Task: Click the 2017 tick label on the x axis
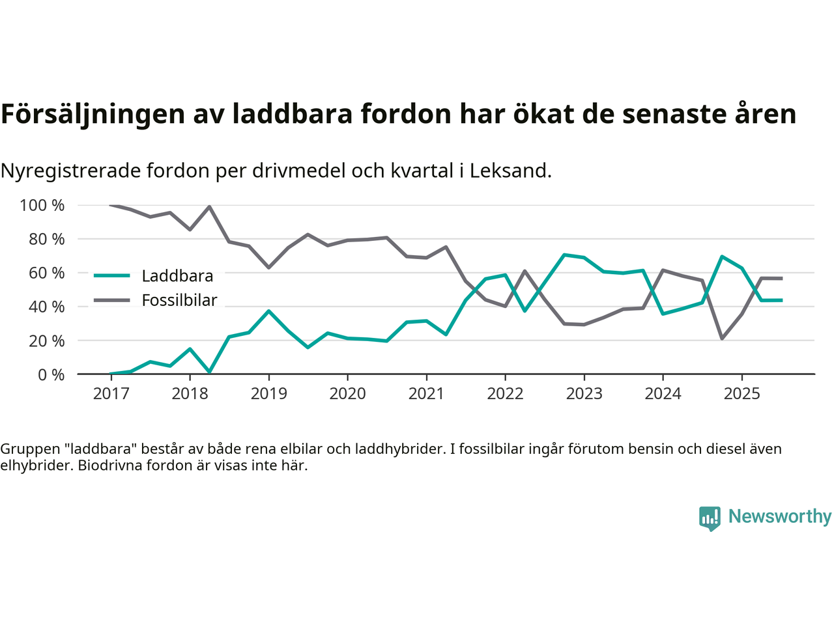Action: tap(111, 394)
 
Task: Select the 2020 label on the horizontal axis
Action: tap(347, 394)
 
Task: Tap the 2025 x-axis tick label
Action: tap(741, 394)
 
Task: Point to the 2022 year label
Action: tap(505, 394)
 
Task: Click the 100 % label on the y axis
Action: tap(42, 206)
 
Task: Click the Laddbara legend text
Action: tap(177, 276)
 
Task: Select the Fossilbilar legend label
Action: tap(179, 300)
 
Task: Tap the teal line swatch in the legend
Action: tap(112, 275)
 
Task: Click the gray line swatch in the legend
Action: tap(112, 300)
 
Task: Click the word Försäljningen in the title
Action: tap(93, 114)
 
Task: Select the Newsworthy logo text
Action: tap(779, 516)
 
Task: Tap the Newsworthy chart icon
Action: tap(710, 518)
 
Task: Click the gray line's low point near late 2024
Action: tap(722, 339)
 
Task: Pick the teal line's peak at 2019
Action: tap(268, 311)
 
